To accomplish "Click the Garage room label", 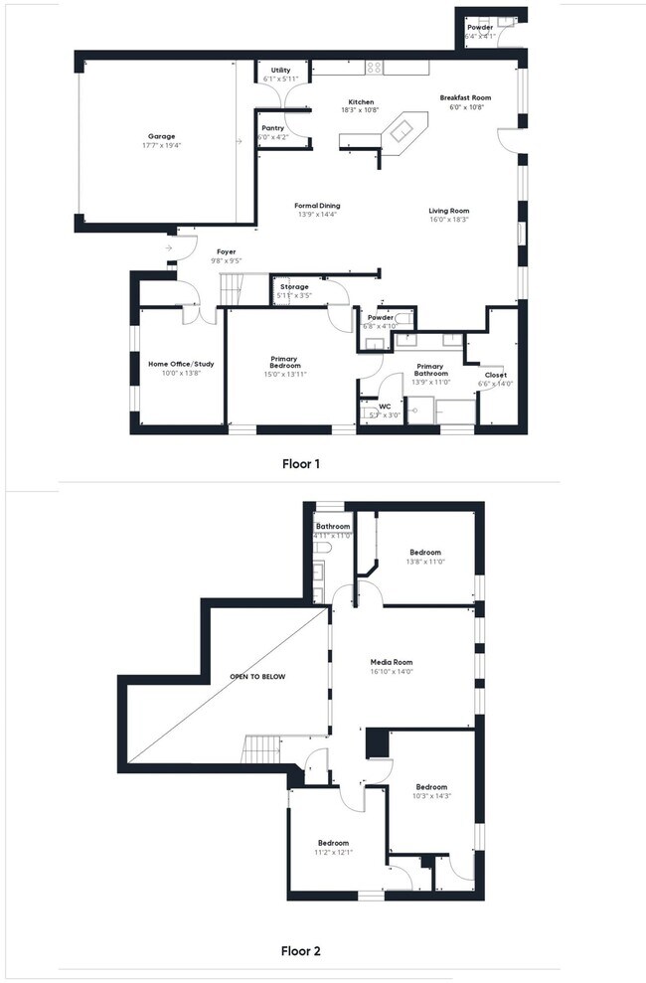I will point(162,135).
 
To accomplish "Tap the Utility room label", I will point(280,70).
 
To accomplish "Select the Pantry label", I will point(272,128).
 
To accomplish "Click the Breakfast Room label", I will point(466,97).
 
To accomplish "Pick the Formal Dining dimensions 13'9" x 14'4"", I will point(317,215).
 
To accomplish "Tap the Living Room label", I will point(448,211).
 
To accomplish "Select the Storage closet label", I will point(293,287).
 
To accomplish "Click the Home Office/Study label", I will point(175,364).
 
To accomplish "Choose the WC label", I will point(384,406).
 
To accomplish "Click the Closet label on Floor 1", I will point(495,375).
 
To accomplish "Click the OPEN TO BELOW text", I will point(257,677).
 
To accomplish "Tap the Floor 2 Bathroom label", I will point(333,526).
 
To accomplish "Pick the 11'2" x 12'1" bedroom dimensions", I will point(333,852).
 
